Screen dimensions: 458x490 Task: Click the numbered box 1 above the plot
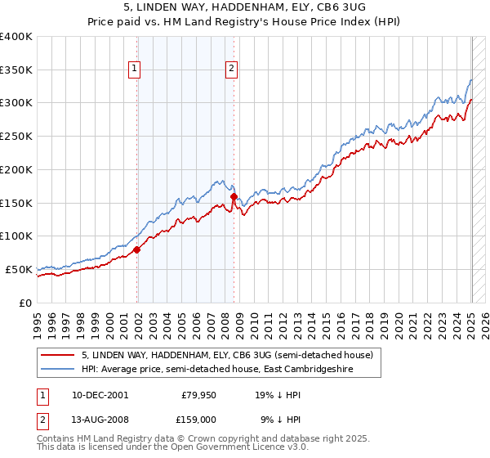pos(134,70)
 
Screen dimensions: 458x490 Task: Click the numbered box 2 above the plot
pos(232,70)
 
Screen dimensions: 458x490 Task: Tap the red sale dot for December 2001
pos(137,249)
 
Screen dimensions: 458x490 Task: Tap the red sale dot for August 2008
pos(234,197)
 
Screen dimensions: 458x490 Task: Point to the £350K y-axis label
pos(16,70)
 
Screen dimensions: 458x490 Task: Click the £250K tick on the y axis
pos(16,136)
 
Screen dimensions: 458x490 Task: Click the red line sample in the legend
pos(58,355)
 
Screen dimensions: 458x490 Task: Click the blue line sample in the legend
pos(58,370)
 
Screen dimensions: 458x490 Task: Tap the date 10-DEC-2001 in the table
pos(99,394)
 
